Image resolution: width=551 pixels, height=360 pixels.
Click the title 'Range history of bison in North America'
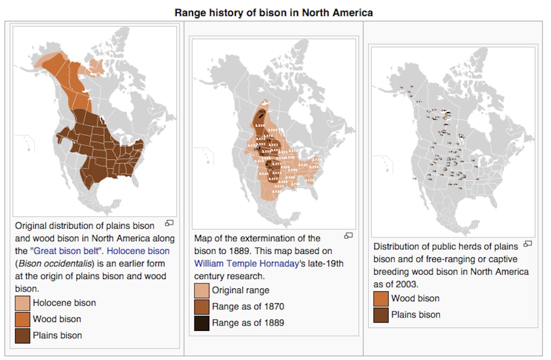[274, 13]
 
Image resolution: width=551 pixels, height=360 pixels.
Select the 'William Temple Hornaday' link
[246, 264]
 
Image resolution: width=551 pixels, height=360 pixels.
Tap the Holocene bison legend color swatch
[23, 303]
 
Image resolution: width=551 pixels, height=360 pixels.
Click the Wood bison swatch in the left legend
[23, 320]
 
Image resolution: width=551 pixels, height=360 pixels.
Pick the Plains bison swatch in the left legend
[23, 336]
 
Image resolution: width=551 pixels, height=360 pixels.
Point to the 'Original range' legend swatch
[202, 290]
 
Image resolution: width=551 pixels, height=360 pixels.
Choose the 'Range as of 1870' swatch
[202, 307]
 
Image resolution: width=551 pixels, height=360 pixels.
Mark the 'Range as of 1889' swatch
[202, 323]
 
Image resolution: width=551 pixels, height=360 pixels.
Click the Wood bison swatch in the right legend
[381, 299]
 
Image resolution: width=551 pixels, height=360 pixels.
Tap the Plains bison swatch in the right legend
[381, 315]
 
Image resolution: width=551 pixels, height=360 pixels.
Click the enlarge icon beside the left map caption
[169, 223]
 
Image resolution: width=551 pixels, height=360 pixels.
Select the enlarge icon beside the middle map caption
[348, 236]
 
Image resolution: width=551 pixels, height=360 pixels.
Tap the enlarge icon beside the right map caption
[528, 244]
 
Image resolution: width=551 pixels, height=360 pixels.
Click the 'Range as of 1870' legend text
[248, 307]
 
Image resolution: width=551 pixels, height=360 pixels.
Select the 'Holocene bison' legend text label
[64, 303]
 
